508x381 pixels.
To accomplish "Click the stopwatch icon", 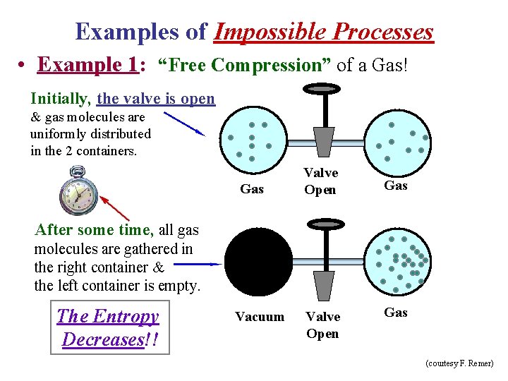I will pos(77,190).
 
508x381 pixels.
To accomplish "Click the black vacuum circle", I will pos(259,260).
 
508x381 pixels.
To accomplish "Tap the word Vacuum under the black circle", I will pos(260,317).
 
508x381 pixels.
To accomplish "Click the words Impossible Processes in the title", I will pos(324,32).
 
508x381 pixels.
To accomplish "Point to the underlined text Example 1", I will pos(87,65).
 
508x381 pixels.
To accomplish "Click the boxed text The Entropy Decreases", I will pos(109,327).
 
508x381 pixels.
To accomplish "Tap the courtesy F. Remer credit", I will pos(459,363).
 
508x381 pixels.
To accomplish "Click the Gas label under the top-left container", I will pos(252,189).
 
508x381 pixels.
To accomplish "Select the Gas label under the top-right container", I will pos(395,186).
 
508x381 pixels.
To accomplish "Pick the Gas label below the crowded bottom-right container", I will pos(395,313).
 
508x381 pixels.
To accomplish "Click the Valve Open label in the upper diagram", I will pos(320,181).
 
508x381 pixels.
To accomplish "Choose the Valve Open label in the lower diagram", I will pos(322,325).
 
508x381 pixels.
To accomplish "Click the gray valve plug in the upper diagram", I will pos(324,141).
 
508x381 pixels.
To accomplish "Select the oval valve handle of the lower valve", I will pos(325,224).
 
